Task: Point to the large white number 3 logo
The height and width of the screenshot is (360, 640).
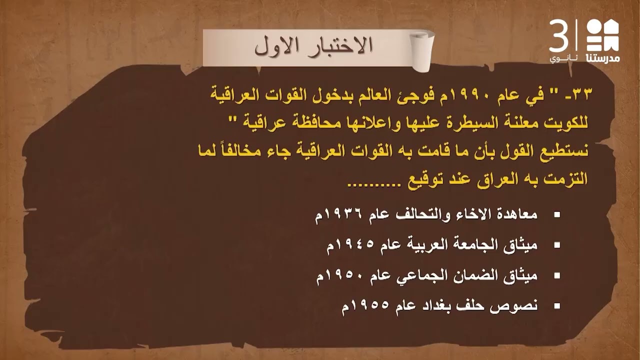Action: pyautogui.click(x=559, y=36)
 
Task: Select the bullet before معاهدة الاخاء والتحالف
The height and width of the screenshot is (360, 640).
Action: pyautogui.click(x=556, y=215)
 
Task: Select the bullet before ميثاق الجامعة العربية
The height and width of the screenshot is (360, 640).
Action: pyautogui.click(x=556, y=245)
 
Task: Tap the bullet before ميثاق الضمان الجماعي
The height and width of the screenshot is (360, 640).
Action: pyautogui.click(x=556, y=275)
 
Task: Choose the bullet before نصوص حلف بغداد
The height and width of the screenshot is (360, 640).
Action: pyautogui.click(x=556, y=305)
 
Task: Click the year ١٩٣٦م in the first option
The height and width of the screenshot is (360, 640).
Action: pyautogui.click(x=337, y=215)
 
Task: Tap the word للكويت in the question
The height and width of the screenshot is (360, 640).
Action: pyautogui.click(x=569, y=122)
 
